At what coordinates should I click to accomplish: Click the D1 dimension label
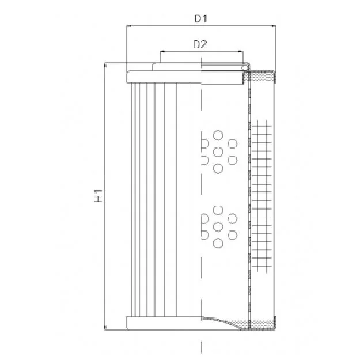coord(200,18)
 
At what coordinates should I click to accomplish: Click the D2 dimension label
coord(200,44)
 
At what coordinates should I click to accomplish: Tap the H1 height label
coord(98,195)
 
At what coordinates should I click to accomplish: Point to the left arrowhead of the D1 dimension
coord(128,25)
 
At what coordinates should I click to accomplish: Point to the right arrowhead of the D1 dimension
coord(274,25)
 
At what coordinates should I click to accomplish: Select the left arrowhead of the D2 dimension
coord(162,51)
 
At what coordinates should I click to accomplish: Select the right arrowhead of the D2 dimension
coord(241,51)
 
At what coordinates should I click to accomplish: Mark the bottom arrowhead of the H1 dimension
coord(105,327)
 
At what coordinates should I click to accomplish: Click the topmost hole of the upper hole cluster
coord(218,135)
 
